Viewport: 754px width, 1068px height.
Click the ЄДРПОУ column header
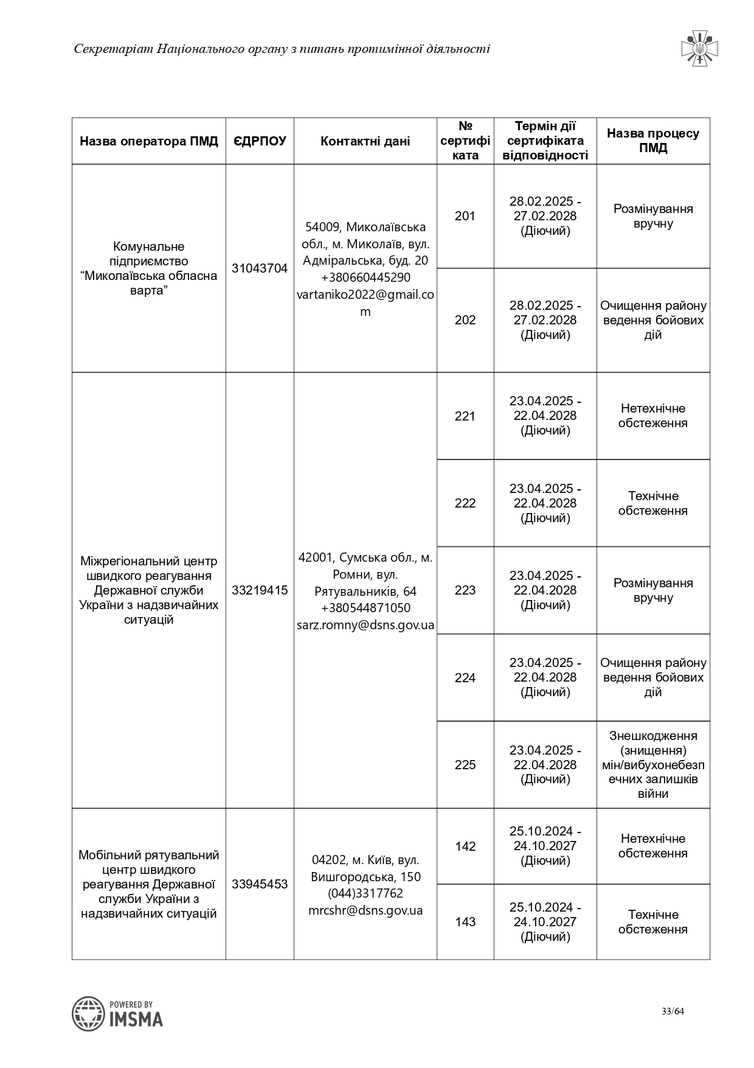(x=260, y=141)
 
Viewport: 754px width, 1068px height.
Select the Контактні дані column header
(x=365, y=141)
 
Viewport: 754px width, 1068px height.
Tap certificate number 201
(x=465, y=216)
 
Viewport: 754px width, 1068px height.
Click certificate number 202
(x=465, y=320)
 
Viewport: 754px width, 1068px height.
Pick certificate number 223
(x=465, y=590)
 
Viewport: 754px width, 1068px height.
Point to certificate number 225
(x=465, y=765)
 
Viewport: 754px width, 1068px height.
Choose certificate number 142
(x=465, y=846)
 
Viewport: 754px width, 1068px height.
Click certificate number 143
(x=465, y=922)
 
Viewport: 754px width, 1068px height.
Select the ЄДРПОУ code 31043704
(x=260, y=268)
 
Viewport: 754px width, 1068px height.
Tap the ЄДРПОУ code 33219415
(x=260, y=590)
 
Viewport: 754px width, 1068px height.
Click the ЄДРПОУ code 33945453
(x=260, y=884)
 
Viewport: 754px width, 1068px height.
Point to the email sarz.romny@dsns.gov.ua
(x=365, y=625)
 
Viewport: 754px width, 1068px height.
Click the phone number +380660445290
(x=365, y=277)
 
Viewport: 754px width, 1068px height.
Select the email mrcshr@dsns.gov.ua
(x=365, y=910)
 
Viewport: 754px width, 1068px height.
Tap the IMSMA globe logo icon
(x=89, y=1013)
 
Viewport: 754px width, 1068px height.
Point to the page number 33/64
(x=673, y=1011)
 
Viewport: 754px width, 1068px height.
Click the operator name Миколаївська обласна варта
(x=148, y=268)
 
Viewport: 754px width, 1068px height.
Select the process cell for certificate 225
(x=653, y=765)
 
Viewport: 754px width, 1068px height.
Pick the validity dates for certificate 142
(x=545, y=846)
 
